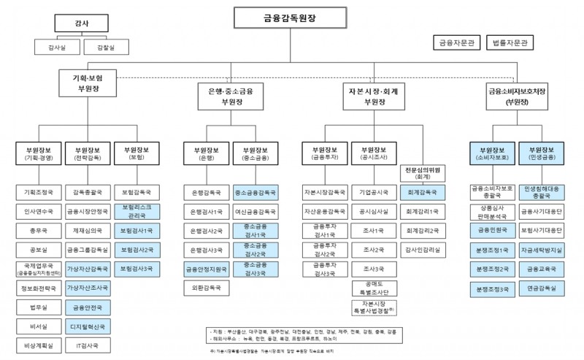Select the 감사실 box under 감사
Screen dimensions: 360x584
[x=55, y=47]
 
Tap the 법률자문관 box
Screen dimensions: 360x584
[x=512, y=43]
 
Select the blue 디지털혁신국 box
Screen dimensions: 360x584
[x=86, y=326]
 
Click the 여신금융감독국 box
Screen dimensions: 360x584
[x=255, y=212]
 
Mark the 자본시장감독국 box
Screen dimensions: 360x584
[x=325, y=192]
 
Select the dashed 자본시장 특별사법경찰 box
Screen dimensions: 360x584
[x=372, y=307]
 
